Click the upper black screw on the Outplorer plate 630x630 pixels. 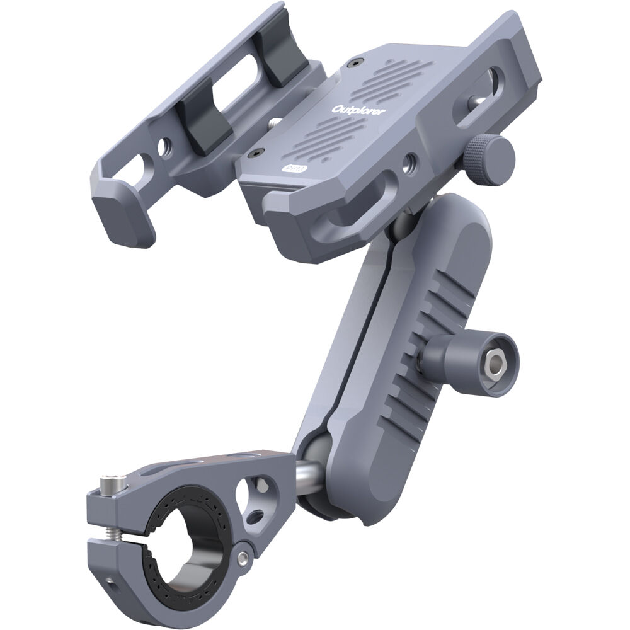(358, 64)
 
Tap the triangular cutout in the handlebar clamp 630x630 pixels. (258, 488)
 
